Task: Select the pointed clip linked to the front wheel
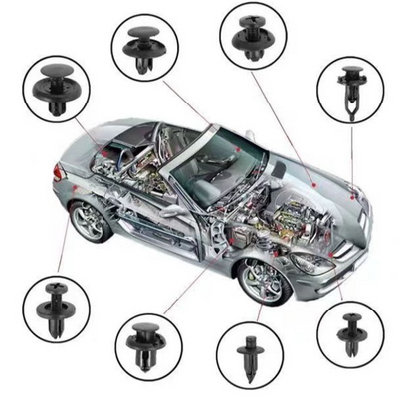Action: click(249, 355)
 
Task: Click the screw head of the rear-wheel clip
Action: click(54, 290)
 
